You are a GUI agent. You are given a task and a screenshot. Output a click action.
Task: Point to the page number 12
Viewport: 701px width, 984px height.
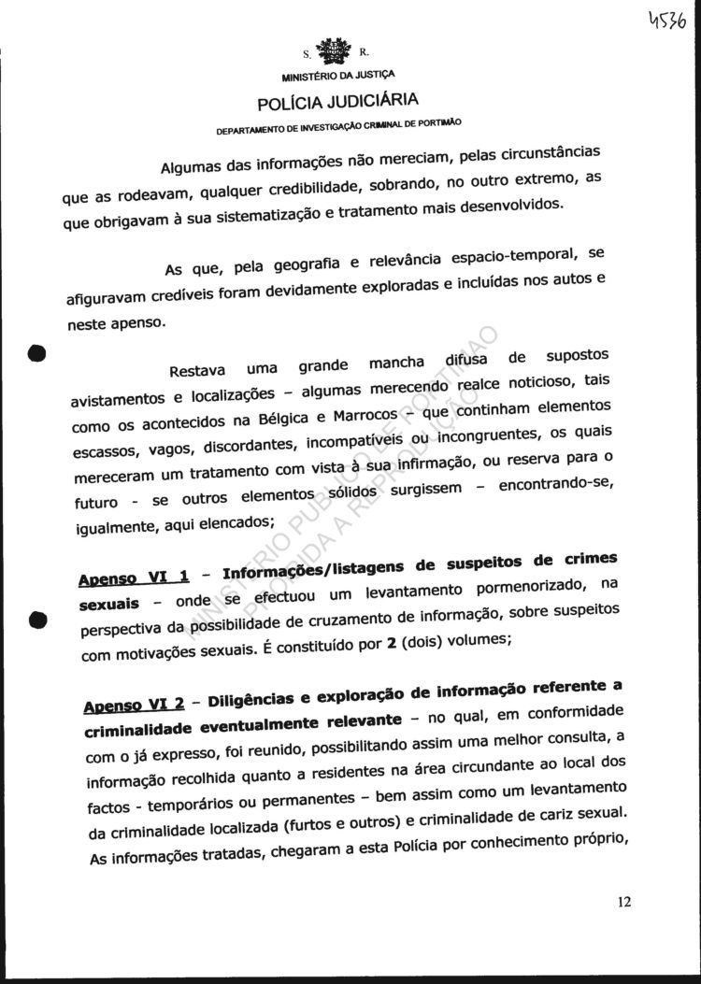click(625, 902)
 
